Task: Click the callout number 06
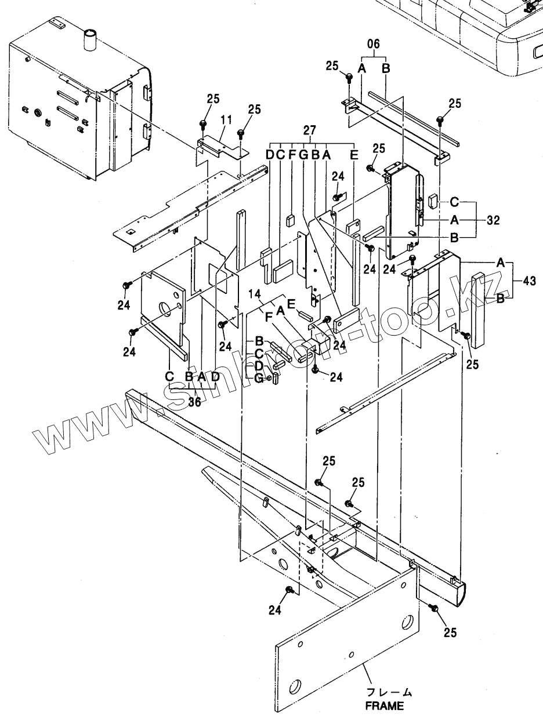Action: [374, 44]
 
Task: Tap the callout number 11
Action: [227, 120]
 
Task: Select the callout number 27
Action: [309, 130]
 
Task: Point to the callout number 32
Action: [493, 220]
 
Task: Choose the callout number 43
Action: [529, 281]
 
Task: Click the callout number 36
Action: [194, 402]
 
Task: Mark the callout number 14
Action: [255, 293]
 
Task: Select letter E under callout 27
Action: [354, 155]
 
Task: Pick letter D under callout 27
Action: [270, 155]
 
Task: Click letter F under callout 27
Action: [292, 155]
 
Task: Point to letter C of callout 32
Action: [455, 202]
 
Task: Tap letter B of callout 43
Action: [501, 299]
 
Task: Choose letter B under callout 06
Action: [386, 68]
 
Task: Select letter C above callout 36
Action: [169, 376]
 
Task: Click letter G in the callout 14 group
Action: [259, 379]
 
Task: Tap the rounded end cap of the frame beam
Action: [460, 594]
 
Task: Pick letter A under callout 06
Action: [362, 68]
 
